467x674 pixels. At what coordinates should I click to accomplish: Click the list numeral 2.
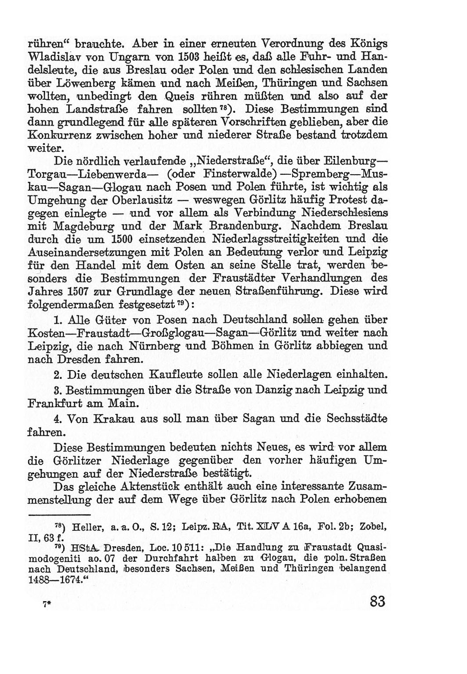[x=57, y=375]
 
